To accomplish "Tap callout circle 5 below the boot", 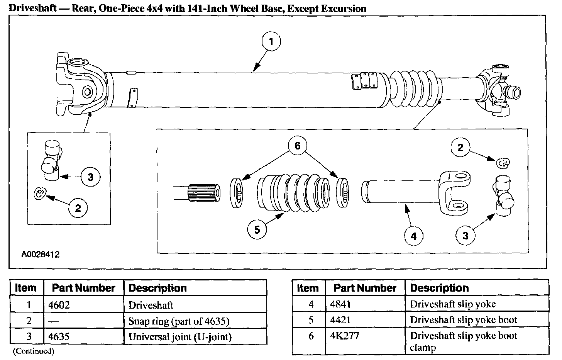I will [x=257, y=230].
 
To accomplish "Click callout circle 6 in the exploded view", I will [x=297, y=146].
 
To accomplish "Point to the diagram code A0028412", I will [x=41, y=255].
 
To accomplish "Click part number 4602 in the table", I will [x=59, y=305].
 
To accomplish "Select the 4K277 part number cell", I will [x=344, y=336].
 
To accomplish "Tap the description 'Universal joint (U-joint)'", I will [x=180, y=337].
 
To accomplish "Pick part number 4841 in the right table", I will [x=340, y=304].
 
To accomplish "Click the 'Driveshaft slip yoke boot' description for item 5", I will [x=463, y=320].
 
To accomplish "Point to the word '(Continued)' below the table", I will [x=34, y=351].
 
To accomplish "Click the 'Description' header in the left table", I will [x=157, y=288].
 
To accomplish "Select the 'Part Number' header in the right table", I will [x=365, y=288].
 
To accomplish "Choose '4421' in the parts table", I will [x=340, y=320].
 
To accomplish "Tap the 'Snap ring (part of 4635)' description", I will [x=179, y=321].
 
